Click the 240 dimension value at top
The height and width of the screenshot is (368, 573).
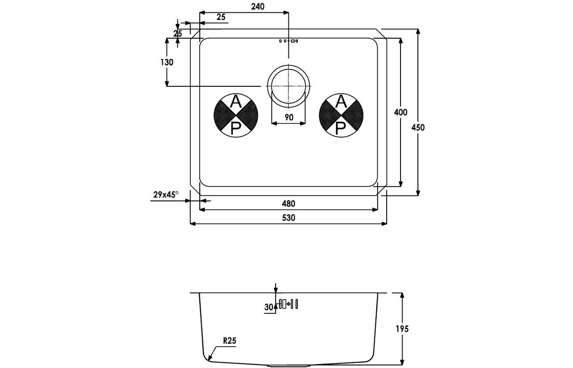258,6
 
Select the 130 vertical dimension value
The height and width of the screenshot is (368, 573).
167,62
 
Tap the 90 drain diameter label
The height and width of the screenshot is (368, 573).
289,118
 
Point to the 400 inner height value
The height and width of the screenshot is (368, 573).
401,113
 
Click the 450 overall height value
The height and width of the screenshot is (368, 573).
418,127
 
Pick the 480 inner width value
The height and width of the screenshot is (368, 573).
289,203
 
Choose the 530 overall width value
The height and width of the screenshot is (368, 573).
289,218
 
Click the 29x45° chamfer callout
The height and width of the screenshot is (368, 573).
166,195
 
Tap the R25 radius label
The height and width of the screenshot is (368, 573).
229,341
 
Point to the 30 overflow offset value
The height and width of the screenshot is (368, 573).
269,307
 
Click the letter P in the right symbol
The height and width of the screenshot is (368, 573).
341,128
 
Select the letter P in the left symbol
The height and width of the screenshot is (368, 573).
236,128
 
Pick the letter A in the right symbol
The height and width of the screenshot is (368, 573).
341,103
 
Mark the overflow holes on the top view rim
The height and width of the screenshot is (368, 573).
288,41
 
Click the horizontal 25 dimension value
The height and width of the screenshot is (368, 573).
221,17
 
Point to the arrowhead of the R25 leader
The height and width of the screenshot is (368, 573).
210,359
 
